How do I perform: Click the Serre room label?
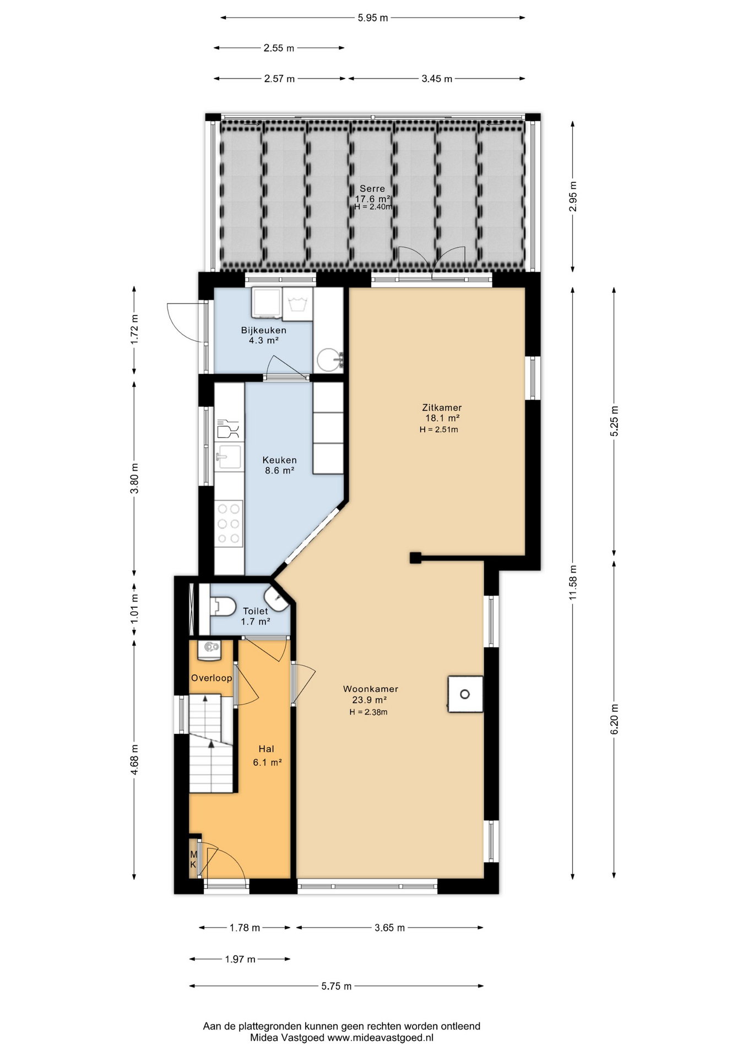point(372,188)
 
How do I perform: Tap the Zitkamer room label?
point(442,408)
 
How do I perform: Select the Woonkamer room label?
point(370,689)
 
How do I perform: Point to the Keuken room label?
point(279,460)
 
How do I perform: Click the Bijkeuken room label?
point(263,330)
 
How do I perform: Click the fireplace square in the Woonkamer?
point(465,694)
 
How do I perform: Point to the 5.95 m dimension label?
point(373,18)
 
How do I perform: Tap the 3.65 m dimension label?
point(389,928)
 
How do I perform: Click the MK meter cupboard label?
point(193,859)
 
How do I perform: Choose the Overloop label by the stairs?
point(212,678)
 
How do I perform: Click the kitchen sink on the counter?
point(229,457)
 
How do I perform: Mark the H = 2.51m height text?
point(438,429)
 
